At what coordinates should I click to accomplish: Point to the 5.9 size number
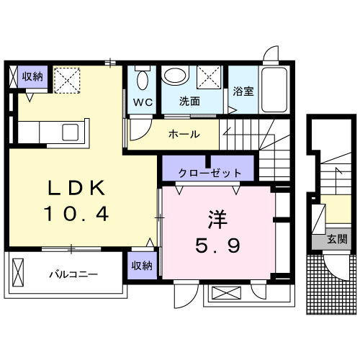pyautogui.click(x=217, y=246)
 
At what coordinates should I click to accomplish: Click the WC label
pyautogui.click(x=141, y=102)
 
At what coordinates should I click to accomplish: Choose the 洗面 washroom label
pyautogui.click(x=189, y=102)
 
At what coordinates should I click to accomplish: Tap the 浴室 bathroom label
pyautogui.click(x=243, y=91)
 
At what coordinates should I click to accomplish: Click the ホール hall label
pyautogui.click(x=184, y=135)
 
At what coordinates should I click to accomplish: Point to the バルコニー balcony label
pyautogui.click(x=73, y=274)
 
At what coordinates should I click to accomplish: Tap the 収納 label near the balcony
pyautogui.click(x=142, y=266)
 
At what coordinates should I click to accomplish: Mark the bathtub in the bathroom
pyautogui.click(x=274, y=90)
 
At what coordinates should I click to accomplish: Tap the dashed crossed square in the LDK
pyautogui.click(x=68, y=79)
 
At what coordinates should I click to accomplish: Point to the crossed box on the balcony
pyautogui.click(x=19, y=274)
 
